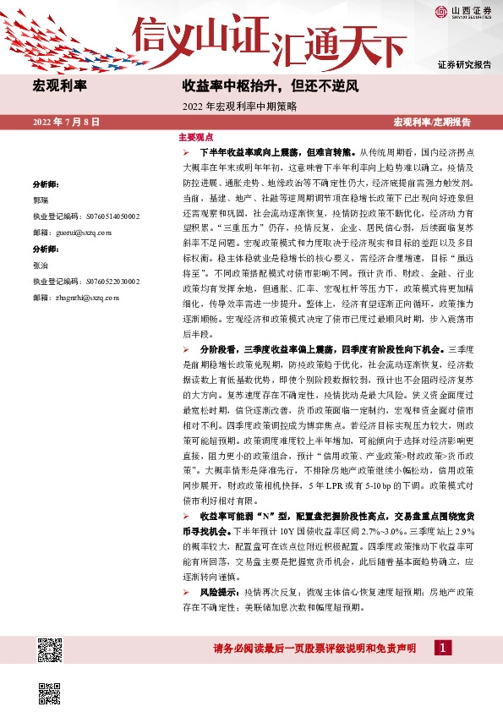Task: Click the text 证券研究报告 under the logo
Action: click(x=464, y=65)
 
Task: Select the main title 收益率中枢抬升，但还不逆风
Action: click(x=271, y=85)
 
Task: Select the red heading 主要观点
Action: click(x=195, y=137)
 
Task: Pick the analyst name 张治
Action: click(x=41, y=266)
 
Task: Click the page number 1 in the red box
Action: click(x=440, y=648)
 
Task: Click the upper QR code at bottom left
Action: click(x=50, y=651)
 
